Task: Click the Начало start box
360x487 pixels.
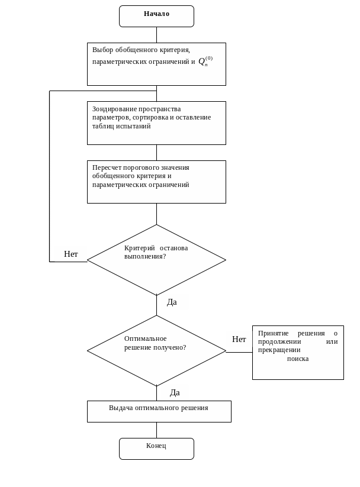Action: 156,16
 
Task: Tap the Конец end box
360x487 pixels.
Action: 156,449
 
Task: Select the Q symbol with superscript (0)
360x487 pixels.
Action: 205,61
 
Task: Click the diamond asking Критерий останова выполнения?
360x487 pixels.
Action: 156,260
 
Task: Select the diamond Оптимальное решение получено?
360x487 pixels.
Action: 156,351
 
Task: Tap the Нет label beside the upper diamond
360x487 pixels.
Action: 71,254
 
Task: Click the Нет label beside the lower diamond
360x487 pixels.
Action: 239,339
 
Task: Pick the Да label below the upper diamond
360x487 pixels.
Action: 172,302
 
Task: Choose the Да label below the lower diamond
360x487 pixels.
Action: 175,393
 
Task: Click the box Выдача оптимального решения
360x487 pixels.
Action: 159,411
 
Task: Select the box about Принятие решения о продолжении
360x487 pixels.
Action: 298,353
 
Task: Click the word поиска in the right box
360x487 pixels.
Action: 298,359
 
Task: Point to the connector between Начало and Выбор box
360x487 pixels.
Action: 156,35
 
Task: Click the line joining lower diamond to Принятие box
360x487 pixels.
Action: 239,352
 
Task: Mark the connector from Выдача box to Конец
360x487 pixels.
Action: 156,430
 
